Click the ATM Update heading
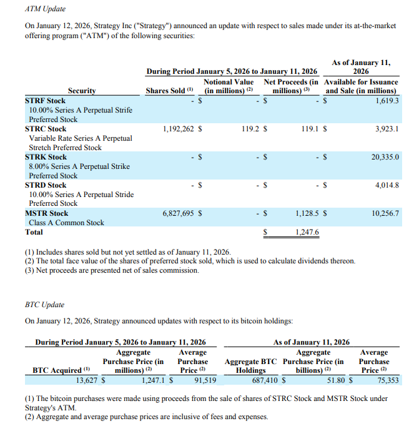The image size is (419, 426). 45,9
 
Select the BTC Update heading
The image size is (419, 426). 44,305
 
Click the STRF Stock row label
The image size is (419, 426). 45,100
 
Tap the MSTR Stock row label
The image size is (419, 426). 46,213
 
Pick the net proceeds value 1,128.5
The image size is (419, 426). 306,213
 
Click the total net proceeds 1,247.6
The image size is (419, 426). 307,232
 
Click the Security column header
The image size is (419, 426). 82,91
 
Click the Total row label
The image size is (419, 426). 34,232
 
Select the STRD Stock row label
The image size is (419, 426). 46,185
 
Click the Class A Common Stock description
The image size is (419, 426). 66,223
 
